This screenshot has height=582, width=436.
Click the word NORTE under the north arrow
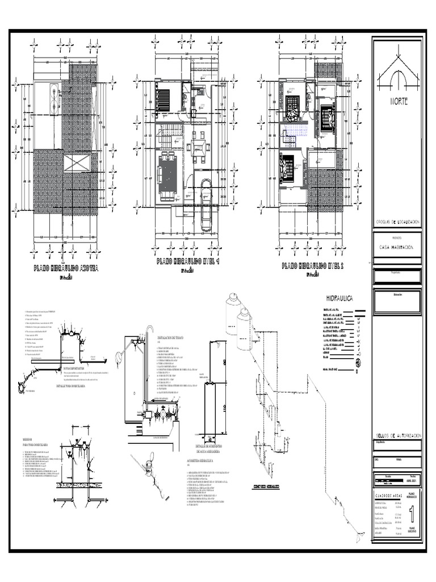(x=397, y=102)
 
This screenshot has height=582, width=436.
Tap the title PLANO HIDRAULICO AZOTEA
(x=66, y=268)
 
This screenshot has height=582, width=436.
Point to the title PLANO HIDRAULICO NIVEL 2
(x=313, y=266)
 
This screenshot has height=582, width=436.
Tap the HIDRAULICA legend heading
(x=340, y=298)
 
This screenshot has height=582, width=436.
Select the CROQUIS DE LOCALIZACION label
(x=397, y=221)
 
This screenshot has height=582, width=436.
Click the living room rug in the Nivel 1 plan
(x=167, y=176)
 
